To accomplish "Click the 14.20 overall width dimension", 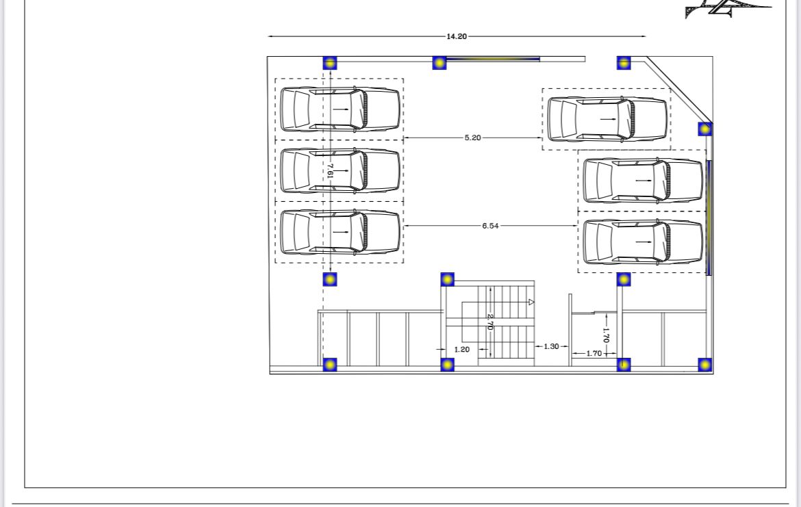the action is point(457,36).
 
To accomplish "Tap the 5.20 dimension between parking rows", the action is point(472,138).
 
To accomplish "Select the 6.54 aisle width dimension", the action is point(490,226).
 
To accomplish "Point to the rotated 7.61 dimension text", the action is point(330,170).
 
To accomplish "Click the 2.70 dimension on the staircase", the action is point(490,322).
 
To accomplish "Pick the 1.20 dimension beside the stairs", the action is point(462,350).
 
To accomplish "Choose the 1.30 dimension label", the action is point(551,347).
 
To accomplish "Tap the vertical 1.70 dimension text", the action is point(606,335).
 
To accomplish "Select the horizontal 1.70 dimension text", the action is point(594,353).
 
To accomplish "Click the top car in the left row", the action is point(340,109).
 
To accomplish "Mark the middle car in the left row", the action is point(340,170).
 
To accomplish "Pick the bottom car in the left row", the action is point(340,232).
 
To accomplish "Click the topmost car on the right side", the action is point(607,119).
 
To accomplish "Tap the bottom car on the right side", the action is point(643,242).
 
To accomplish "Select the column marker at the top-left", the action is point(330,63).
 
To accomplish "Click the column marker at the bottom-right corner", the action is point(705,365).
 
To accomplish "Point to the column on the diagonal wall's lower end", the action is point(705,129).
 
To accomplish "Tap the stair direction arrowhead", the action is point(531,302).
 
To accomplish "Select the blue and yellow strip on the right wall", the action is point(709,218).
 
